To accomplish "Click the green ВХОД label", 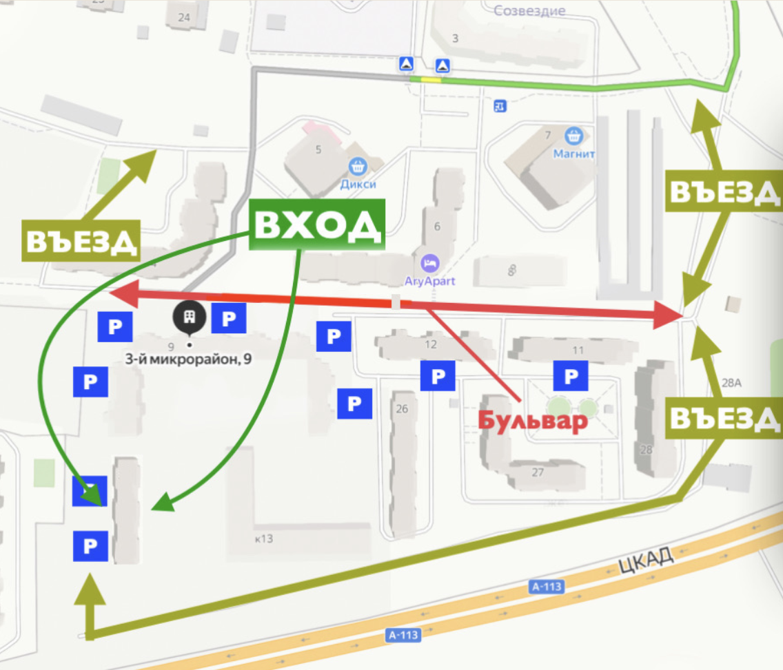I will coord(316,224).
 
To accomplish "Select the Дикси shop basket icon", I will coord(357,166).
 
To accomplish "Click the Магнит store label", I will coord(573,154).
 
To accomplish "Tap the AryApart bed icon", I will coord(429,262).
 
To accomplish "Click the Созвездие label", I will coord(529,10).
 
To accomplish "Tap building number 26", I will coord(402,409).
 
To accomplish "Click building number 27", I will coord(538,472).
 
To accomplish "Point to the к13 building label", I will coord(264,538).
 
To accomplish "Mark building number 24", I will coord(184,17).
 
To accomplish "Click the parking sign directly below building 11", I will coord(571,377).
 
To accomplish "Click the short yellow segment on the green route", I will coord(431,80).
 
